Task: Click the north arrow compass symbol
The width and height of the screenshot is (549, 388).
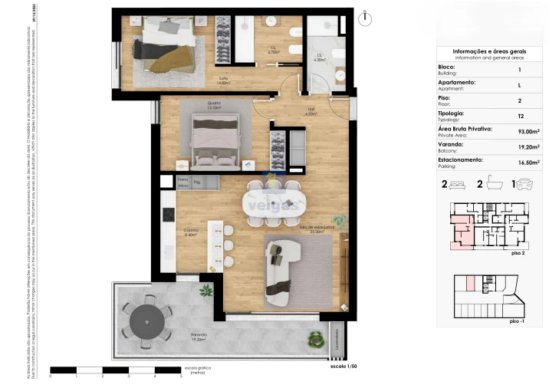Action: point(367,16)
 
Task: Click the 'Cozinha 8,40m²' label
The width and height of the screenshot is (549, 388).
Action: point(191,233)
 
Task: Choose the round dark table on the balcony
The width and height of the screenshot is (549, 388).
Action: point(147,321)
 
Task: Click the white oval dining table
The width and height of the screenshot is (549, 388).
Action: point(271,202)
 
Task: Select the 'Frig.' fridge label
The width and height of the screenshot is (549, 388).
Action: point(196,182)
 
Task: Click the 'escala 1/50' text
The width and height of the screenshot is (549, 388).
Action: point(344,368)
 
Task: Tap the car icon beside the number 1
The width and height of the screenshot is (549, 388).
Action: point(525,185)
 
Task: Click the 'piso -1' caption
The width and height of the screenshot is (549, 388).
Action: point(516,323)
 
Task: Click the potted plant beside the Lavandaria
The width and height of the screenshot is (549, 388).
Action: point(314,337)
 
